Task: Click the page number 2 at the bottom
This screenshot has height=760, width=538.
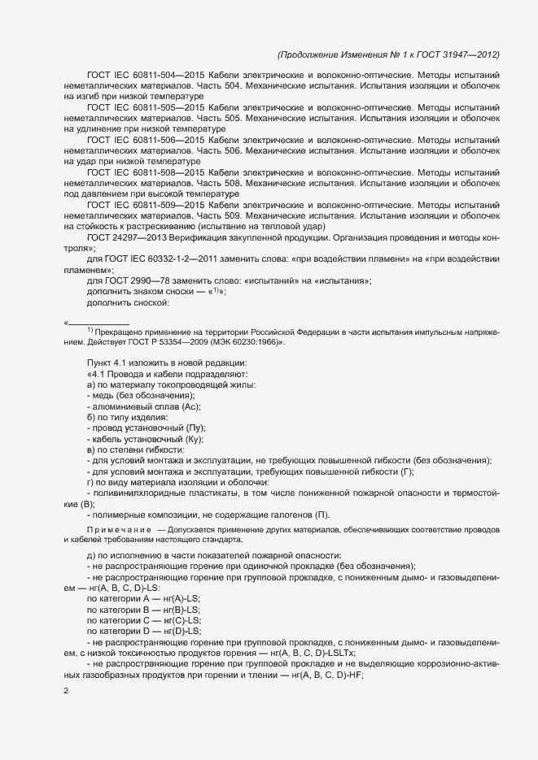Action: tap(66, 691)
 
